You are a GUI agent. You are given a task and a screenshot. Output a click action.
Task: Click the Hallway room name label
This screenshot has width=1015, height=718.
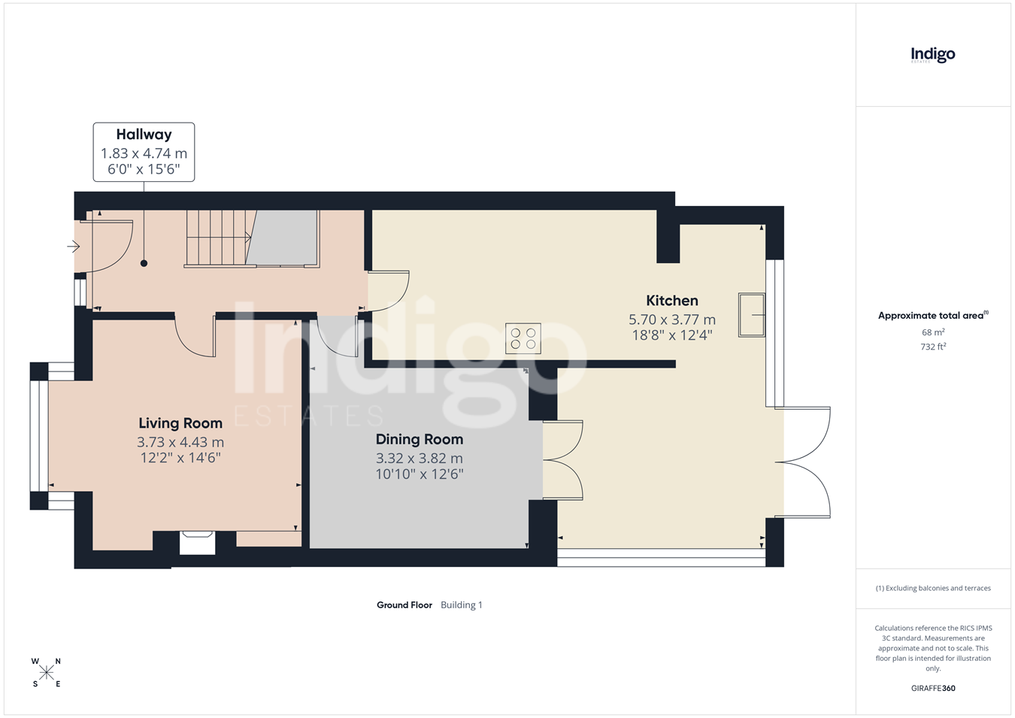click(144, 135)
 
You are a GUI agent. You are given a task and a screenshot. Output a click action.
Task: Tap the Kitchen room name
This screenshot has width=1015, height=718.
click(672, 300)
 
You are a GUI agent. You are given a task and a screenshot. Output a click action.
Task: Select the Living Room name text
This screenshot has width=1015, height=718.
click(180, 423)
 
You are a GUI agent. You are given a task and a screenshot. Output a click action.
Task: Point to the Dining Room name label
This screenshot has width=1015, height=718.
click(420, 439)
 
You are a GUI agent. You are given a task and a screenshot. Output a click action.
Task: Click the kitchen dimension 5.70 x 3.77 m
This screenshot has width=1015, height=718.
click(672, 320)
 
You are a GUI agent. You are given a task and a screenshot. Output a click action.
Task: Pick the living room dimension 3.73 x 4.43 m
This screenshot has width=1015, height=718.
click(180, 442)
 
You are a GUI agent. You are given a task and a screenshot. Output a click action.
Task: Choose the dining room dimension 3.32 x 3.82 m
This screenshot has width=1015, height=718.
click(420, 459)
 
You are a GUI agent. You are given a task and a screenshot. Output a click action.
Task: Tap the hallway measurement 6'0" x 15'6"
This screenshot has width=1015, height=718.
click(144, 169)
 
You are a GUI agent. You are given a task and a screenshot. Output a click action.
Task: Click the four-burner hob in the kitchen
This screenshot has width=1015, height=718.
click(523, 338)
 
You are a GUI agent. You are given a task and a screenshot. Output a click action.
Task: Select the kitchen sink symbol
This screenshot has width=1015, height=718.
click(752, 315)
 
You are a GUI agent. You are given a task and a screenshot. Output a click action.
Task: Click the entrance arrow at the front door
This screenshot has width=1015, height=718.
click(74, 247)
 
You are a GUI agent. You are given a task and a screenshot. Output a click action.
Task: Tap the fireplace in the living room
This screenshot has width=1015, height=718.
click(197, 543)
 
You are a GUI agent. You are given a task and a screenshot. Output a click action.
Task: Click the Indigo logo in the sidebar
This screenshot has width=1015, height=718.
click(933, 55)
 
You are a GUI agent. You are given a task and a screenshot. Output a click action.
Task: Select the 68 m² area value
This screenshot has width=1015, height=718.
click(933, 332)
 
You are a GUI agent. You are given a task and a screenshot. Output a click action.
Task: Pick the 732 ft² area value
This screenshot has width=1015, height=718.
click(933, 347)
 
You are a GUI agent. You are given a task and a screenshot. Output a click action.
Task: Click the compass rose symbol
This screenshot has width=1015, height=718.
click(46, 673)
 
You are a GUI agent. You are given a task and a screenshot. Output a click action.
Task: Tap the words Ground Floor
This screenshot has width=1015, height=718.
click(404, 605)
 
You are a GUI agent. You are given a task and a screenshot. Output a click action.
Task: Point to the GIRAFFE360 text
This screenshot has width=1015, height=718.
click(933, 689)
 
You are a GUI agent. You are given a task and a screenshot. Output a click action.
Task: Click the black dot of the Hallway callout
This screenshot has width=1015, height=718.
click(144, 263)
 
